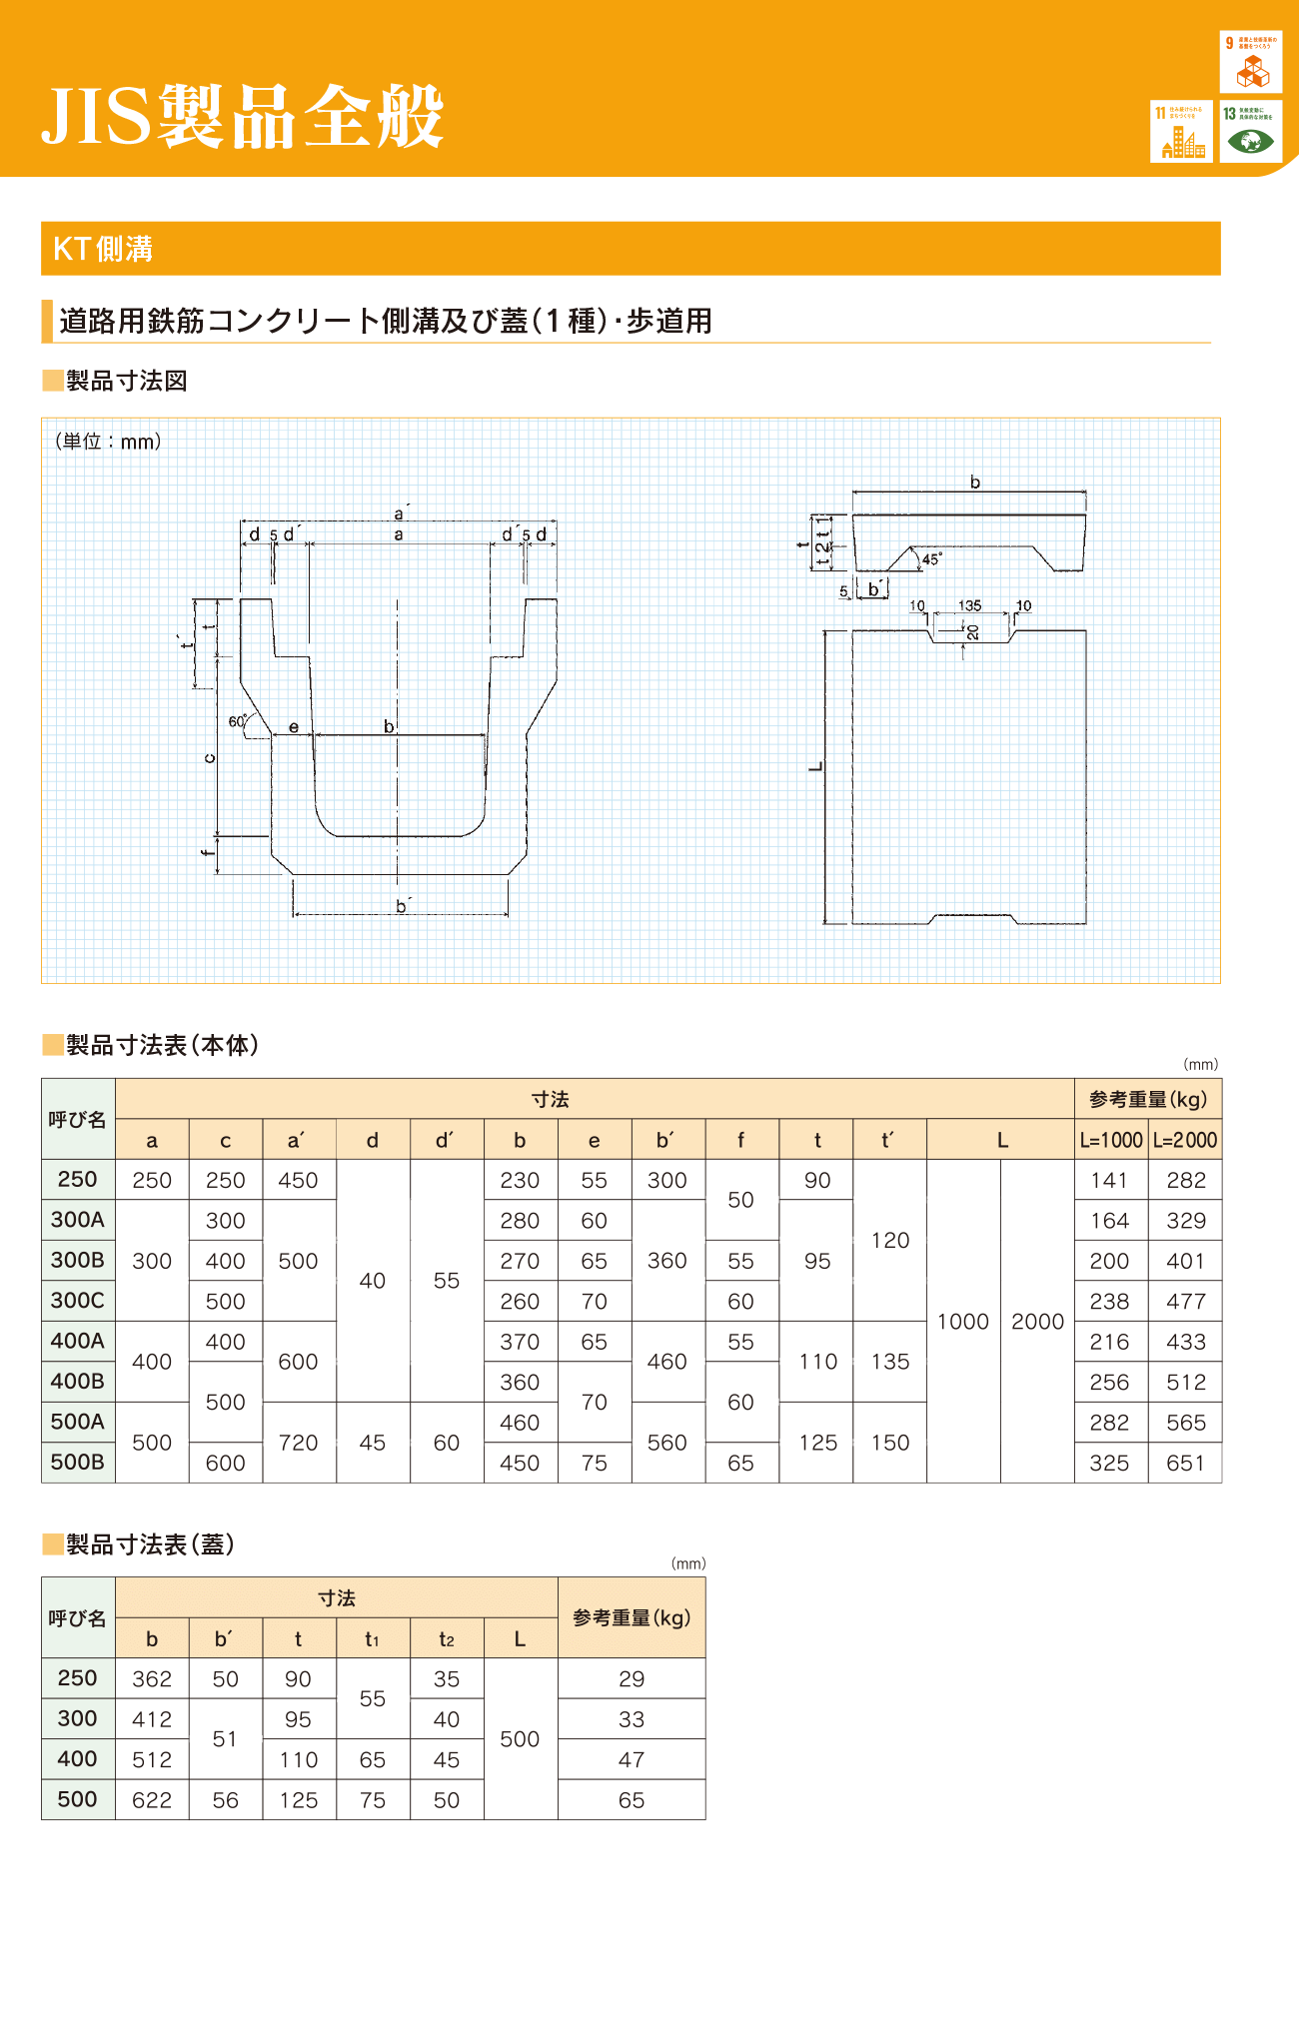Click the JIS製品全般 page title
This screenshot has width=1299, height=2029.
pyautogui.click(x=243, y=117)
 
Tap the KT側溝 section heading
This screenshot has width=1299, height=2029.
pyautogui.click(x=103, y=249)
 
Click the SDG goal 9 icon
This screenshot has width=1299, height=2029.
pyautogui.click(x=1251, y=62)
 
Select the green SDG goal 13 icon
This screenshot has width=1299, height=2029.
pyautogui.click(x=1251, y=132)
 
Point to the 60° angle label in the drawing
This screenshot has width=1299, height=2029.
pyautogui.click(x=237, y=721)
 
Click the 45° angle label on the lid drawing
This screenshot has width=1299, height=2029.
pyautogui.click(x=931, y=559)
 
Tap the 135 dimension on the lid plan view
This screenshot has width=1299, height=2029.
pyautogui.click(x=969, y=605)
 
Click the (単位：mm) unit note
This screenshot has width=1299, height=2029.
pyautogui.click(x=107, y=442)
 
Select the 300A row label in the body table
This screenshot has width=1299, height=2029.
pyautogui.click(x=78, y=1220)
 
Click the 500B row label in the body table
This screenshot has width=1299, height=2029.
pyautogui.click(x=78, y=1463)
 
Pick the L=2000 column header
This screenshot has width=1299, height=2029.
pyautogui.click(x=1185, y=1140)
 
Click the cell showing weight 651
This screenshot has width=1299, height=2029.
pyautogui.click(x=1185, y=1463)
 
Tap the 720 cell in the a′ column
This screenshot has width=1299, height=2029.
pyautogui.click(x=299, y=1443)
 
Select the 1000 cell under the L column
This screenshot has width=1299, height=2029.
pyautogui.click(x=963, y=1321)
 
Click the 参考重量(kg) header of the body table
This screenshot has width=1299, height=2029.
pyautogui.click(x=1148, y=1099)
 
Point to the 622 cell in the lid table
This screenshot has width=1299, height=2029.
pyautogui.click(x=152, y=1800)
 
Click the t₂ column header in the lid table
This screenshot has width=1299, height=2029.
pyautogui.click(x=447, y=1639)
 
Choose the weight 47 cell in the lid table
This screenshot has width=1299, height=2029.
pyautogui.click(x=632, y=1760)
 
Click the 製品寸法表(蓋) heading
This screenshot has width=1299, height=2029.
pyautogui.click(x=150, y=1544)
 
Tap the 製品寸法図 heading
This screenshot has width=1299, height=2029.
pyautogui.click(x=126, y=381)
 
